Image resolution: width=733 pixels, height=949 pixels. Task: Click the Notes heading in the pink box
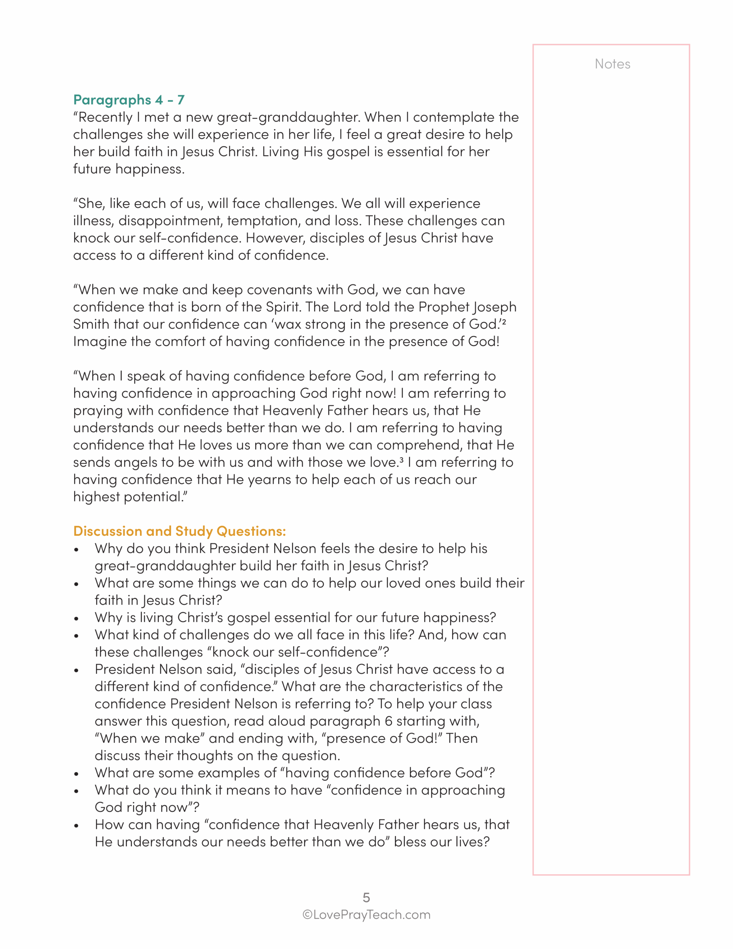point(612,64)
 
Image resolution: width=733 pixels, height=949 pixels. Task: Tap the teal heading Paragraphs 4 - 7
point(129,100)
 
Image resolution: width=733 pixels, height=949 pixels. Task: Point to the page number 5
point(366,897)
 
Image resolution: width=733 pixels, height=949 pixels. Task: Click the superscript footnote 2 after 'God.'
point(504,321)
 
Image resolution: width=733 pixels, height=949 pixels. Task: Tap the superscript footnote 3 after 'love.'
point(401,460)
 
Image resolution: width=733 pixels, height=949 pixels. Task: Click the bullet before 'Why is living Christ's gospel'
point(76,619)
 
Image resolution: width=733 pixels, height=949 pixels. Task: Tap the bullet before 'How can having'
point(76,826)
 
